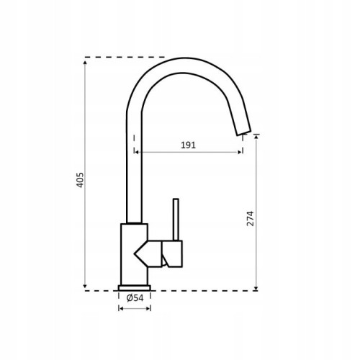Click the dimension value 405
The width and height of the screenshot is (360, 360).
pyautogui.click(x=80, y=180)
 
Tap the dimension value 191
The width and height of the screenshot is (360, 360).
pyautogui.click(x=188, y=145)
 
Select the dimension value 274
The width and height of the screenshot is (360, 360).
pyautogui.click(x=250, y=218)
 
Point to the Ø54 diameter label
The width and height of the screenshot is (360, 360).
pyautogui.click(x=135, y=298)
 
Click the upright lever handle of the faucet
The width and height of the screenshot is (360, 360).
pyautogui.click(x=176, y=220)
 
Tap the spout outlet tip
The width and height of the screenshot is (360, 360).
pyautogui.click(x=244, y=133)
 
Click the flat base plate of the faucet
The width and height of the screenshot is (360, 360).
pyautogui.click(x=135, y=288)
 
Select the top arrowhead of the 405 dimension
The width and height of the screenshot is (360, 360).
pyautogui.click(x=85, y=63)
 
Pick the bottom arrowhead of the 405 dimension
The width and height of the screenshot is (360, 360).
pyautogui.click(x=85, y=286)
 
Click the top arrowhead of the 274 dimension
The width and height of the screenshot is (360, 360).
pyautogui.click(x=256, y=136)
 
